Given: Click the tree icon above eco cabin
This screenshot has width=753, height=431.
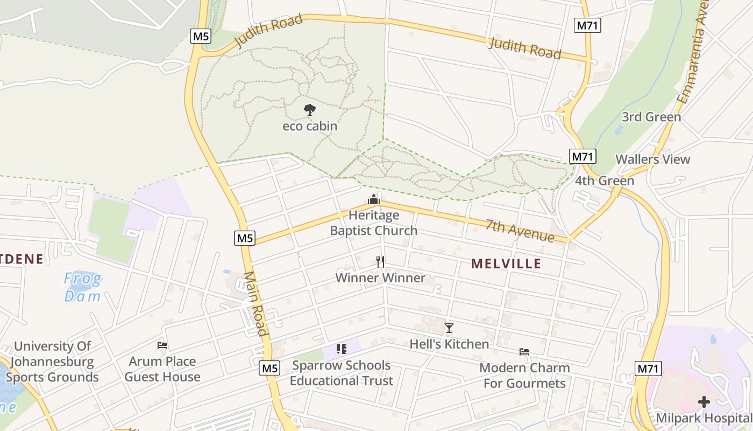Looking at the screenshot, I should pyautogui.click(x=309, y=110).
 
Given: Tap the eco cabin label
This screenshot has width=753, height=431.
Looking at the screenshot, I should pyautogui.click(x=310, y=126).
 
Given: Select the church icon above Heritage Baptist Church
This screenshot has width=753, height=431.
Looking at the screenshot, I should pyautogui.click(x=374, y=200).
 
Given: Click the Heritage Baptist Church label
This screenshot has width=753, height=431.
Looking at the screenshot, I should pyautogui.click(x=373, y=223).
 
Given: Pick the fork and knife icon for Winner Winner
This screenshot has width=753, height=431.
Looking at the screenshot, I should pyautogui.click(x=380, y=262).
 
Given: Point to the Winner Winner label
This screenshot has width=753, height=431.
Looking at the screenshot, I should pyautogui.click(x=380, y=278).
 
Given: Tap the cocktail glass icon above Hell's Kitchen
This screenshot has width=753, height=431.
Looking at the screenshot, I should pyautogui.click(x=449, y=328).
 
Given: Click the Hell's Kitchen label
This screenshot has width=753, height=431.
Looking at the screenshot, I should pyautogui.click(x=449, y=344).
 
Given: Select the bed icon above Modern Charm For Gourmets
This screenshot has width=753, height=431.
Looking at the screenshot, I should pyautogui.click(x=524, y=352).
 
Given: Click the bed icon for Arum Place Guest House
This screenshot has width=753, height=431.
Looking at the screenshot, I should pyautogui.click(x=162, y=345).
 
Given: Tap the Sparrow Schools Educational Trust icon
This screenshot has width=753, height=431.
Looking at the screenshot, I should pyautogui.click(x=341, y=349).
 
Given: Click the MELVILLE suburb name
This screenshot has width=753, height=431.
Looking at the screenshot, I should pyautogui.click(x=506, y=263).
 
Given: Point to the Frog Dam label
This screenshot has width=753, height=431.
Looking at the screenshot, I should pyautogui.click(x=82, y=287).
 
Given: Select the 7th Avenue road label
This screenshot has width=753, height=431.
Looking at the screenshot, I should pyautogui.click(x=520, y=231).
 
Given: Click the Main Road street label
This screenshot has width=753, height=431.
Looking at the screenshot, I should pyautogui.click(x=256, y=303).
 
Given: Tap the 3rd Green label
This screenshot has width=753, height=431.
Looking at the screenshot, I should pyautogui.click(x=651, y=117).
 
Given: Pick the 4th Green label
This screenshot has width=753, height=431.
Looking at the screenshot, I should pyautogui.click(x=605, y=180).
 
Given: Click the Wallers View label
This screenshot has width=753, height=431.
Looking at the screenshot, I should pyautogui.click(x=652, y=159).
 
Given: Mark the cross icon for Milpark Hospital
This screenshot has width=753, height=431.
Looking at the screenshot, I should pyautogui.click(x=704, y=401).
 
